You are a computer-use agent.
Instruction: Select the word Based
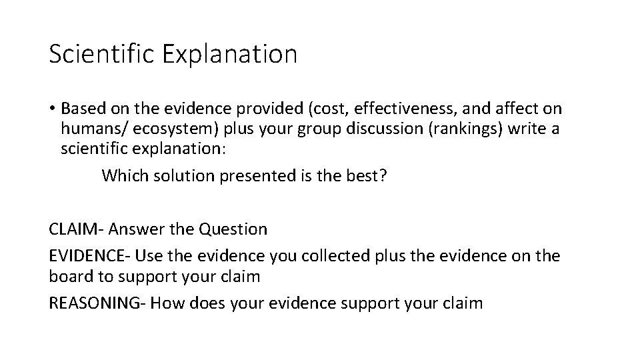(81, 109)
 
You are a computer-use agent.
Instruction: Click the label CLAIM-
(76, 229)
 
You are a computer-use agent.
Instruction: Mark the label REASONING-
(97, 303)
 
